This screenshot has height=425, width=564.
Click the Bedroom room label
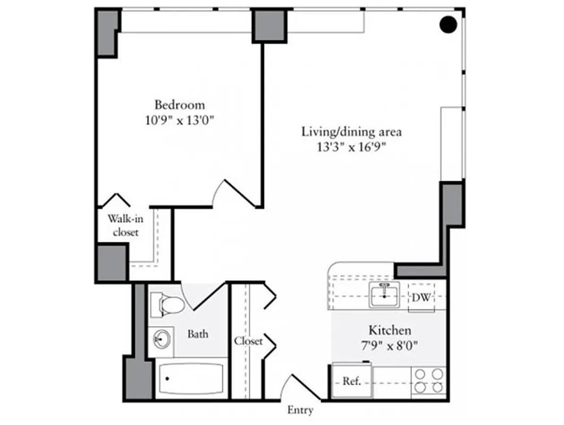click(x=179, y=105)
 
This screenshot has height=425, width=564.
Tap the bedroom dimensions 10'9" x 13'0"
click(x=179, y=121)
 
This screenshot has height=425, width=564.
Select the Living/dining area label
click(x=351, y=132)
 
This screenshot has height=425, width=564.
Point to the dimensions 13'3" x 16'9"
click(x=351, y=148)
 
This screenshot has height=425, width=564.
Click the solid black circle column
click(x=449, y=24)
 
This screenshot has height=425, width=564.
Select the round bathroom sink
click(x=161, y=338)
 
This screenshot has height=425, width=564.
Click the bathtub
click(x=190, y=378)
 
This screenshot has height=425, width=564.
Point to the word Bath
click(x=198, y=335)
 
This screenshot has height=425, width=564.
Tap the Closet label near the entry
click(x=248, y=341)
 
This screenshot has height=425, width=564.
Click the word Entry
click(x=300, y=410)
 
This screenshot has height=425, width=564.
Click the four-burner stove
click(x=428, y=380)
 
